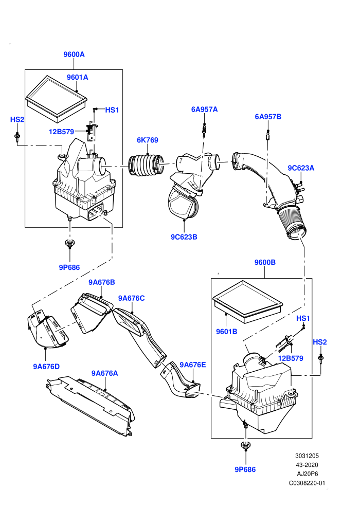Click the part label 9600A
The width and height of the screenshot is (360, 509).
coord(74,54)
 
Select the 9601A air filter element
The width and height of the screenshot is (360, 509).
coord(57,99)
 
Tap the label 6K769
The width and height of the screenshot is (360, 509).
coord(148,140)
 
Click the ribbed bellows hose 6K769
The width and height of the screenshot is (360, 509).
coord(147,166)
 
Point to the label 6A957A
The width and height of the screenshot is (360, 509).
coord(204,110)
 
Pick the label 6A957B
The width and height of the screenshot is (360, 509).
coord(268,117)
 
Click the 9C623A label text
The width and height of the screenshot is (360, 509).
coord(301,168)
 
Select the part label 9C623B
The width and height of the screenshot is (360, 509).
coord(184,237)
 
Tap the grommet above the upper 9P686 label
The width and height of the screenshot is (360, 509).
coord(69,243)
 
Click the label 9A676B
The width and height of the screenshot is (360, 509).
coord(102,282)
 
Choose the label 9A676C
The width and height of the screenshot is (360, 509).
coord(132,298)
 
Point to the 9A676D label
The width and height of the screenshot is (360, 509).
coord(46,367)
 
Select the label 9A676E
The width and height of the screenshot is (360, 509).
coord(193,365)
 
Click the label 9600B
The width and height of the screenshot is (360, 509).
coord(265,262)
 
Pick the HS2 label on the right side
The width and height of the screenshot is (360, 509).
coord(320,342)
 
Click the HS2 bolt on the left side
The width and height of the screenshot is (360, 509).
coord(16,137)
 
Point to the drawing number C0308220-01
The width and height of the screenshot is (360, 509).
coord(307,483)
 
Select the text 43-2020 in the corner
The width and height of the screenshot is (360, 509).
coord(307,465)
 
